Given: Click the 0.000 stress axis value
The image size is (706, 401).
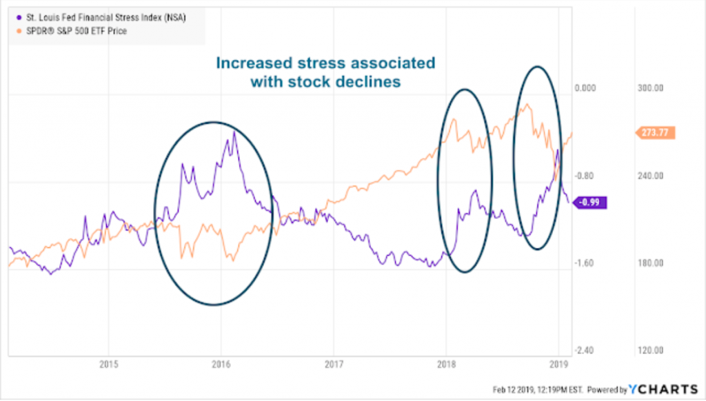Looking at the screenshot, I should pos(584,88).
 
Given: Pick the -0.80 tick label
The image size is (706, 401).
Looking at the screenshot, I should pos(585,176).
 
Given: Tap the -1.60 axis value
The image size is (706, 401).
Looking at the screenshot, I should pos(585,263).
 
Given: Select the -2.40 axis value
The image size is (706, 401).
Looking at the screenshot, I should pos(585,351).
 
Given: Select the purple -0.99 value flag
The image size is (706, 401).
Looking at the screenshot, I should pos(590,201).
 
